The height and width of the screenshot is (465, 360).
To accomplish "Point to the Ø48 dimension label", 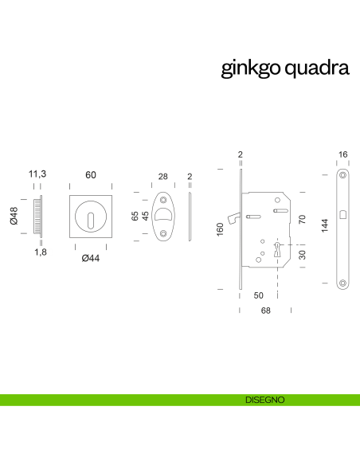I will coord(14,217).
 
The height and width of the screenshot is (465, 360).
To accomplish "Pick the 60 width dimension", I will coord(90,174).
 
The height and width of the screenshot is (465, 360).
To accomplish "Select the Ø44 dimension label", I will coord(90,257).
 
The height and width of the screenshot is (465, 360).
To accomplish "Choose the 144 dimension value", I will coord(324,225).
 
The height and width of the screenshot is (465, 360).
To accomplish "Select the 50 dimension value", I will coord(259,295).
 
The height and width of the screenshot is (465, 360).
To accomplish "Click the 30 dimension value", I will coord(302,255).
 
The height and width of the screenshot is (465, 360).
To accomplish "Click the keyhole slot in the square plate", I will coord(90,217).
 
